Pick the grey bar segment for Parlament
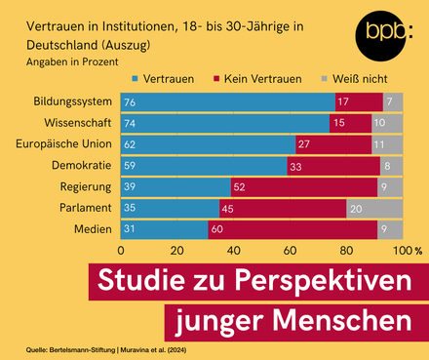[374, 208]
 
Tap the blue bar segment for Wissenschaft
[224, 124]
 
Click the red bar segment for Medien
[292, 229]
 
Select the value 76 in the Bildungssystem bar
[129, 102]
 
